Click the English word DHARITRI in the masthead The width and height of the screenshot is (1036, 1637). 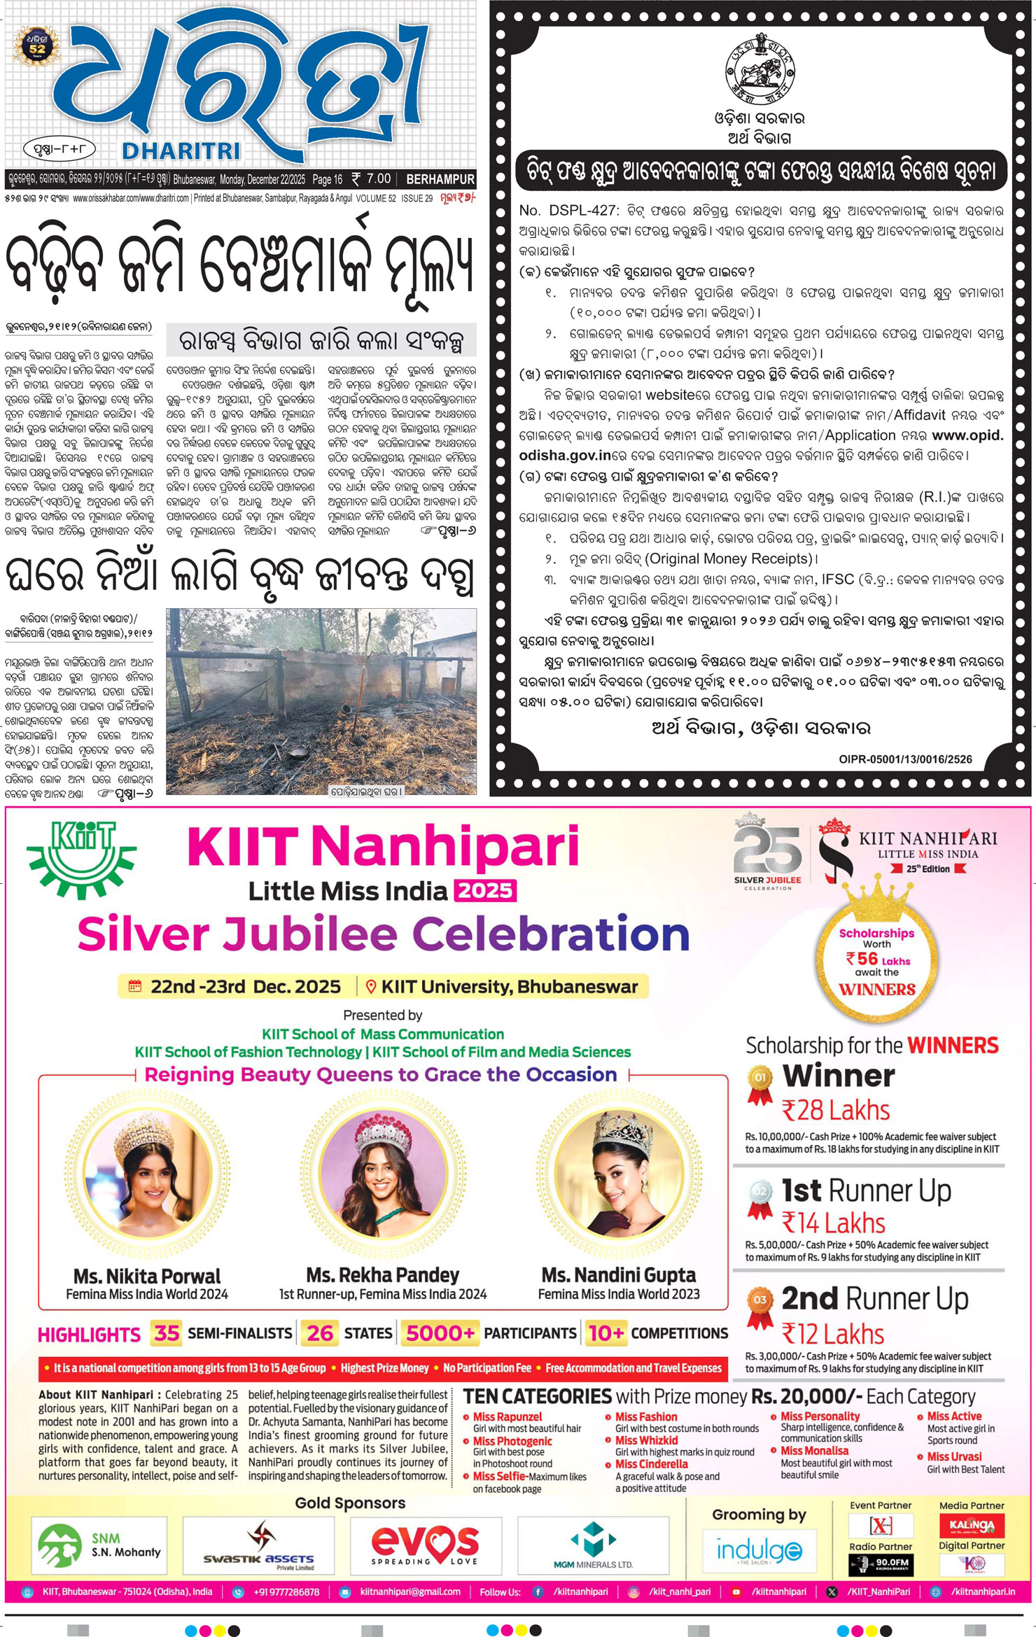(181, 150)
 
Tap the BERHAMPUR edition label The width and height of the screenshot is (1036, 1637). (440, 179)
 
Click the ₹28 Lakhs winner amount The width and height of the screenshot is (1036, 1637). (835, 1111)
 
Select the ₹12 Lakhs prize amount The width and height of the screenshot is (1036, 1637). (832, 1334)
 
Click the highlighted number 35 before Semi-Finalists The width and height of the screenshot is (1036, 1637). (167, 1333)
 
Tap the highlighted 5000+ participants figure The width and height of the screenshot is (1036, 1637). (440, 1333)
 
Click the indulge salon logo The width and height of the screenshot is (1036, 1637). (759, 1551)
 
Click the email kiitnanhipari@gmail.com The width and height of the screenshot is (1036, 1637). (410, 1592)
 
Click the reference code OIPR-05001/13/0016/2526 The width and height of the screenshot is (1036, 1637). (905, 759)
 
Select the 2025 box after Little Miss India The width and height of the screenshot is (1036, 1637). (486, 890)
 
